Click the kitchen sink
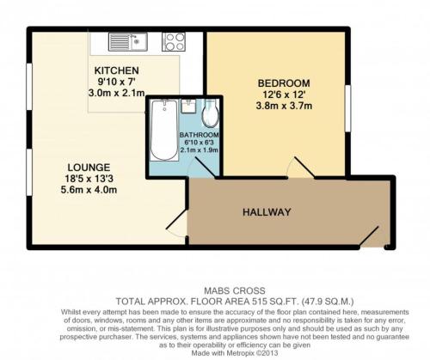pyautogui.click(x=128, y=42)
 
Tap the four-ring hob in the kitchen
pyautogui.click(x=174, y=42)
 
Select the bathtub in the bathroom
pyautogui.click(x=164, y=130)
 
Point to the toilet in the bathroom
pyautogui.click(x=211, y=113)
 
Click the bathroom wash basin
pyautogui.click(x=188, y=106)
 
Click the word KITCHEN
pyautogui.click(x=117, y=70)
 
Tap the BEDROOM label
pyautogui.click(x=284, y=83)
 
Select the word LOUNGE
pyautogui.click(x=89, y=168)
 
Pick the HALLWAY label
pyautogui.click(x=267, y=212)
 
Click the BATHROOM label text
pyautogui.click(x=200, y=135)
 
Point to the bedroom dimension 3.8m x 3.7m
pyautogui.click(x=284, y=106)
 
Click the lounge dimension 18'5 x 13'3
pyautogui.click(x=89, y=179)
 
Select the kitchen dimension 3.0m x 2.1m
pyautogui.click(x=116, y=93)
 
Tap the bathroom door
pyautogui.click(x=204, y=167)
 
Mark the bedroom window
pyautogui.click(x=347, y=108)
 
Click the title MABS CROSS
pyautogui.click(x=235, y=291)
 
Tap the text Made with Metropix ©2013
pyautogui.click(x=235, y=353)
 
